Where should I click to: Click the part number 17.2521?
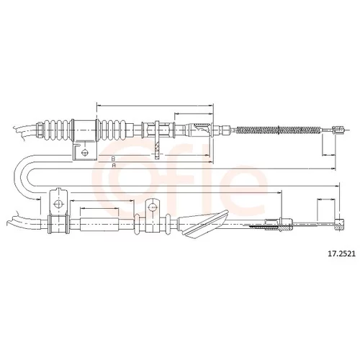341,253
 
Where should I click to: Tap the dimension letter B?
114,158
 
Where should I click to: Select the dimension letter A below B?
114,166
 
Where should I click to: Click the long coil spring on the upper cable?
279,130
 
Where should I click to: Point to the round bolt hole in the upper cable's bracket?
85,153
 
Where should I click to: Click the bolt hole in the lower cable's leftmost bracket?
58,204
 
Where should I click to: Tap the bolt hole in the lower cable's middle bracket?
152,207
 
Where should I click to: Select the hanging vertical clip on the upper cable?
157,140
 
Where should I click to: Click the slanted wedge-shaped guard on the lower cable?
204,223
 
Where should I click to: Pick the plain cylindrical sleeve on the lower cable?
99,225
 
